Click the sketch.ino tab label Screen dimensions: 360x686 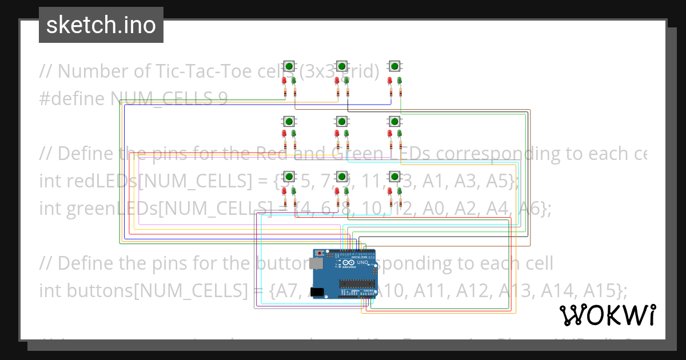coord(101,25)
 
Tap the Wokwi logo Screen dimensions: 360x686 coord(607,315)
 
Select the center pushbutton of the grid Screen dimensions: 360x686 coord(341,121)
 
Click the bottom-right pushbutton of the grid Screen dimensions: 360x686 coord(394,176)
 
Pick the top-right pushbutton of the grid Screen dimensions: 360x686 coord(394,66)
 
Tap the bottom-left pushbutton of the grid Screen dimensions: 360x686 coord(289,176)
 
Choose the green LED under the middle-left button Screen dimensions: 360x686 coord(293,134)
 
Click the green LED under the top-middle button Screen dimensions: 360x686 coord(346,81)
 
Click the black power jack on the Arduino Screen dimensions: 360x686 coord(317,292)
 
